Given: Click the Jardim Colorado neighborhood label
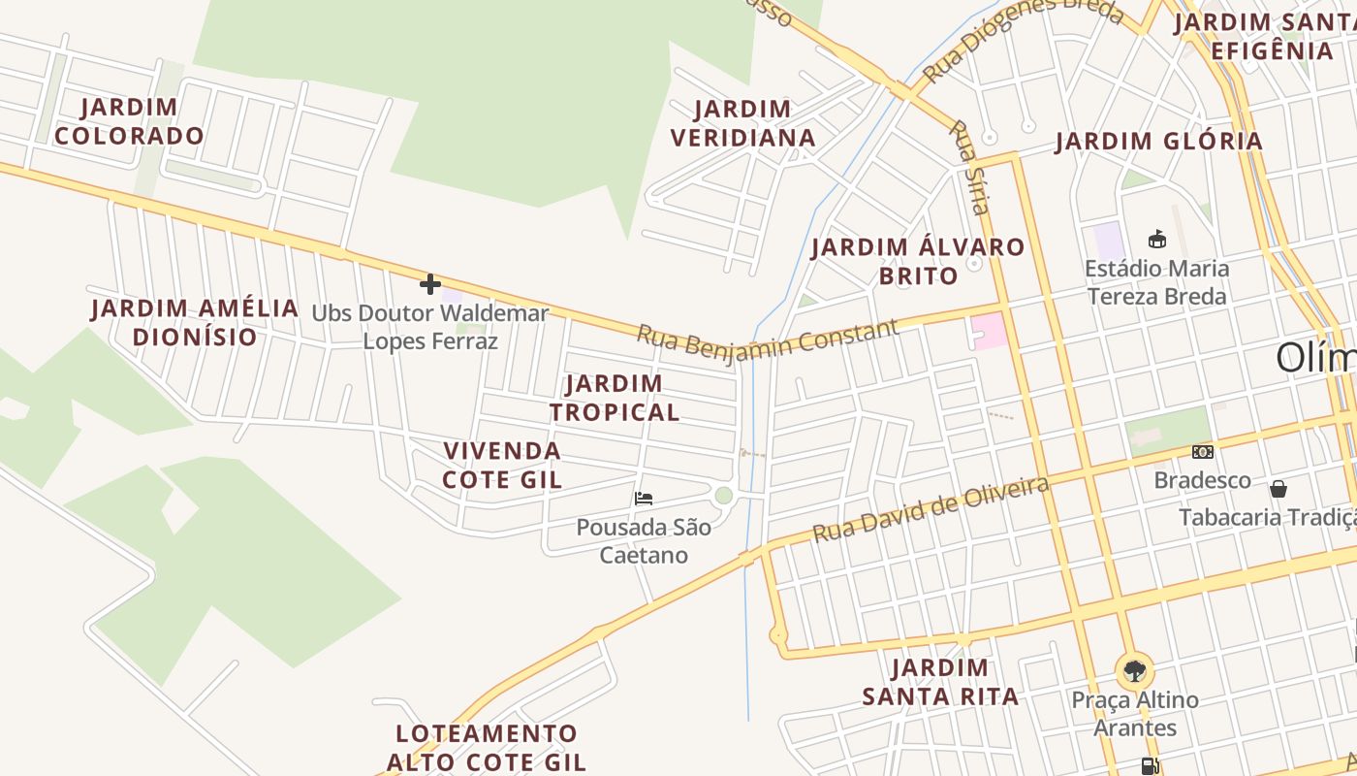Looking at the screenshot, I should pos(129,121).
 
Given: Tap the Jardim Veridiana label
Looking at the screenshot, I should pos(743,123).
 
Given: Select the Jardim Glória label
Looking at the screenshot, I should pos(1159,142).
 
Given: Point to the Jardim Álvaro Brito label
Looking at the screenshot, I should pos(918,261).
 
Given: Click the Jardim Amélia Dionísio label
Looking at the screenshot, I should pos(195,322).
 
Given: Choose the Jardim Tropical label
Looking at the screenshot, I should pos(615,398).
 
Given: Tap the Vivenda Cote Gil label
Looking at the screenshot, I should pos(502,465).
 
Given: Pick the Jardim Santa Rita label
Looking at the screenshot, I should pos(940,682).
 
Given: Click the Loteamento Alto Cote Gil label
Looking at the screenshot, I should pos(487,747).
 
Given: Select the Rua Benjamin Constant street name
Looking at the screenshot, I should pos(768,339).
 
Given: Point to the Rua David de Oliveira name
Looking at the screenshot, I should pos(931,510).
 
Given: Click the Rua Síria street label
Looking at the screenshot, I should pos(969,167).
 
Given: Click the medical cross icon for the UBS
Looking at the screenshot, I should pos(430,284).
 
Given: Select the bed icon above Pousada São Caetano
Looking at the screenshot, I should pos(644,499).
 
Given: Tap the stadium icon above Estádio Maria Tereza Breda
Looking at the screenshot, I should pos(1156,239).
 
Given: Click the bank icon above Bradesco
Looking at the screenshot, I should pos(1202,452).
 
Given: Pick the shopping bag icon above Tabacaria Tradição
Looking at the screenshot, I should pos(1278,488).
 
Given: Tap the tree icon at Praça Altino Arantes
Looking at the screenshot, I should pos(1134,669).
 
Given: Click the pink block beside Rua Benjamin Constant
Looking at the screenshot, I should pos(990,331).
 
